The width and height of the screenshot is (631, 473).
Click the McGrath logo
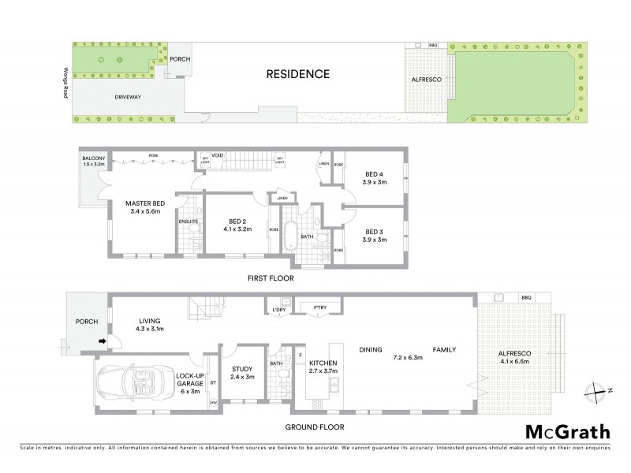pyautogui.click(x=567, y=431)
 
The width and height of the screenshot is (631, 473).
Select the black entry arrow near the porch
pyautogui.click(x=100, y=341)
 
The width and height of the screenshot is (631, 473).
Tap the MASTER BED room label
pyautogui.click(x=144, y=203)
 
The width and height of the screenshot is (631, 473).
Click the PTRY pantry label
pyautogui.click(x=319, y=307)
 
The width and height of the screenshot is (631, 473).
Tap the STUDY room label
pyautogui.click(x=241, y=368)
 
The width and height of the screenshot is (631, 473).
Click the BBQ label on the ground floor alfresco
pyautogui.click(x=526, y=296)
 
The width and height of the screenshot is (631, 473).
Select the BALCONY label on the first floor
pyautogui.click(x=94, y=158)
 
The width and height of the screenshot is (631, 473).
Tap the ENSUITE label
pyautogui.click(x=189, y=222)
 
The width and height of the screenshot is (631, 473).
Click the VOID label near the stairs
pyautogui.click(x=218, y=155)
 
